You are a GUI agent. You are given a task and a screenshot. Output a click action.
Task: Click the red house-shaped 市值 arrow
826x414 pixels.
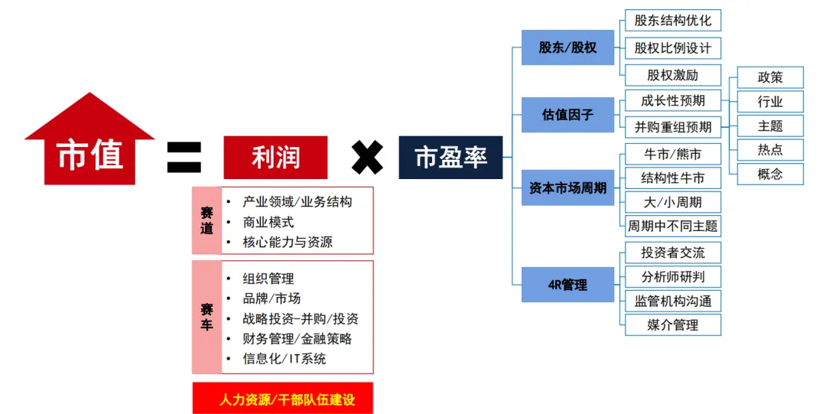90,149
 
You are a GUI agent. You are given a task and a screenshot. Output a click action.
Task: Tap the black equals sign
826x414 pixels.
184,157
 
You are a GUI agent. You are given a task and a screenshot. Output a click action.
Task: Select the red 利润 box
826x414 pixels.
275,158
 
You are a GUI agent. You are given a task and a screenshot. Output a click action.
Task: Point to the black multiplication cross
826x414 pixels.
367,158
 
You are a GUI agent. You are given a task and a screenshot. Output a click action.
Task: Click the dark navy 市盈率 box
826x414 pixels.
450,158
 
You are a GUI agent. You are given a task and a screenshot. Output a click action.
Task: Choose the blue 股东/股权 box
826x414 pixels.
567,47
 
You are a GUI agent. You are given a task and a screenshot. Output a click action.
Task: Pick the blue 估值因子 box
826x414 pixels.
567,115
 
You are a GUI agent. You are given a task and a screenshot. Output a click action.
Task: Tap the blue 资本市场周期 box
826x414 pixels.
567,187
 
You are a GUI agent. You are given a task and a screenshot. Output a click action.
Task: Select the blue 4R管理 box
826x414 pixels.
567,285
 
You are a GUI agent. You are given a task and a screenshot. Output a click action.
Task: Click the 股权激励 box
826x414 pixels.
673,75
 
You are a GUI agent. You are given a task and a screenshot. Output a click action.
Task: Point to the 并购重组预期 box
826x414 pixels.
673,126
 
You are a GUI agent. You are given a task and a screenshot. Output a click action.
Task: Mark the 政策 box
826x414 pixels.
770,77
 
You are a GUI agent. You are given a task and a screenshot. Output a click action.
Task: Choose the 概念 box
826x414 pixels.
770,174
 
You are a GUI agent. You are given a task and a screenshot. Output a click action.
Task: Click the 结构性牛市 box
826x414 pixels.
673,178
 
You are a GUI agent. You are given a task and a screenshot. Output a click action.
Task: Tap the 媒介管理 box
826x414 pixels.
673,324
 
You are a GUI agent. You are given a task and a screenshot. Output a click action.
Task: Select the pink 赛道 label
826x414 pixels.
206,220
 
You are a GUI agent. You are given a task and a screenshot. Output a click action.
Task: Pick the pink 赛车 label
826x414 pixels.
206,317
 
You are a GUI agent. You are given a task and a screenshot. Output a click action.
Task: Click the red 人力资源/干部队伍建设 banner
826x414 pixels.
282,399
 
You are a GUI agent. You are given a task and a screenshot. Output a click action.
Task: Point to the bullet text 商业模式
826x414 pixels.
268,222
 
